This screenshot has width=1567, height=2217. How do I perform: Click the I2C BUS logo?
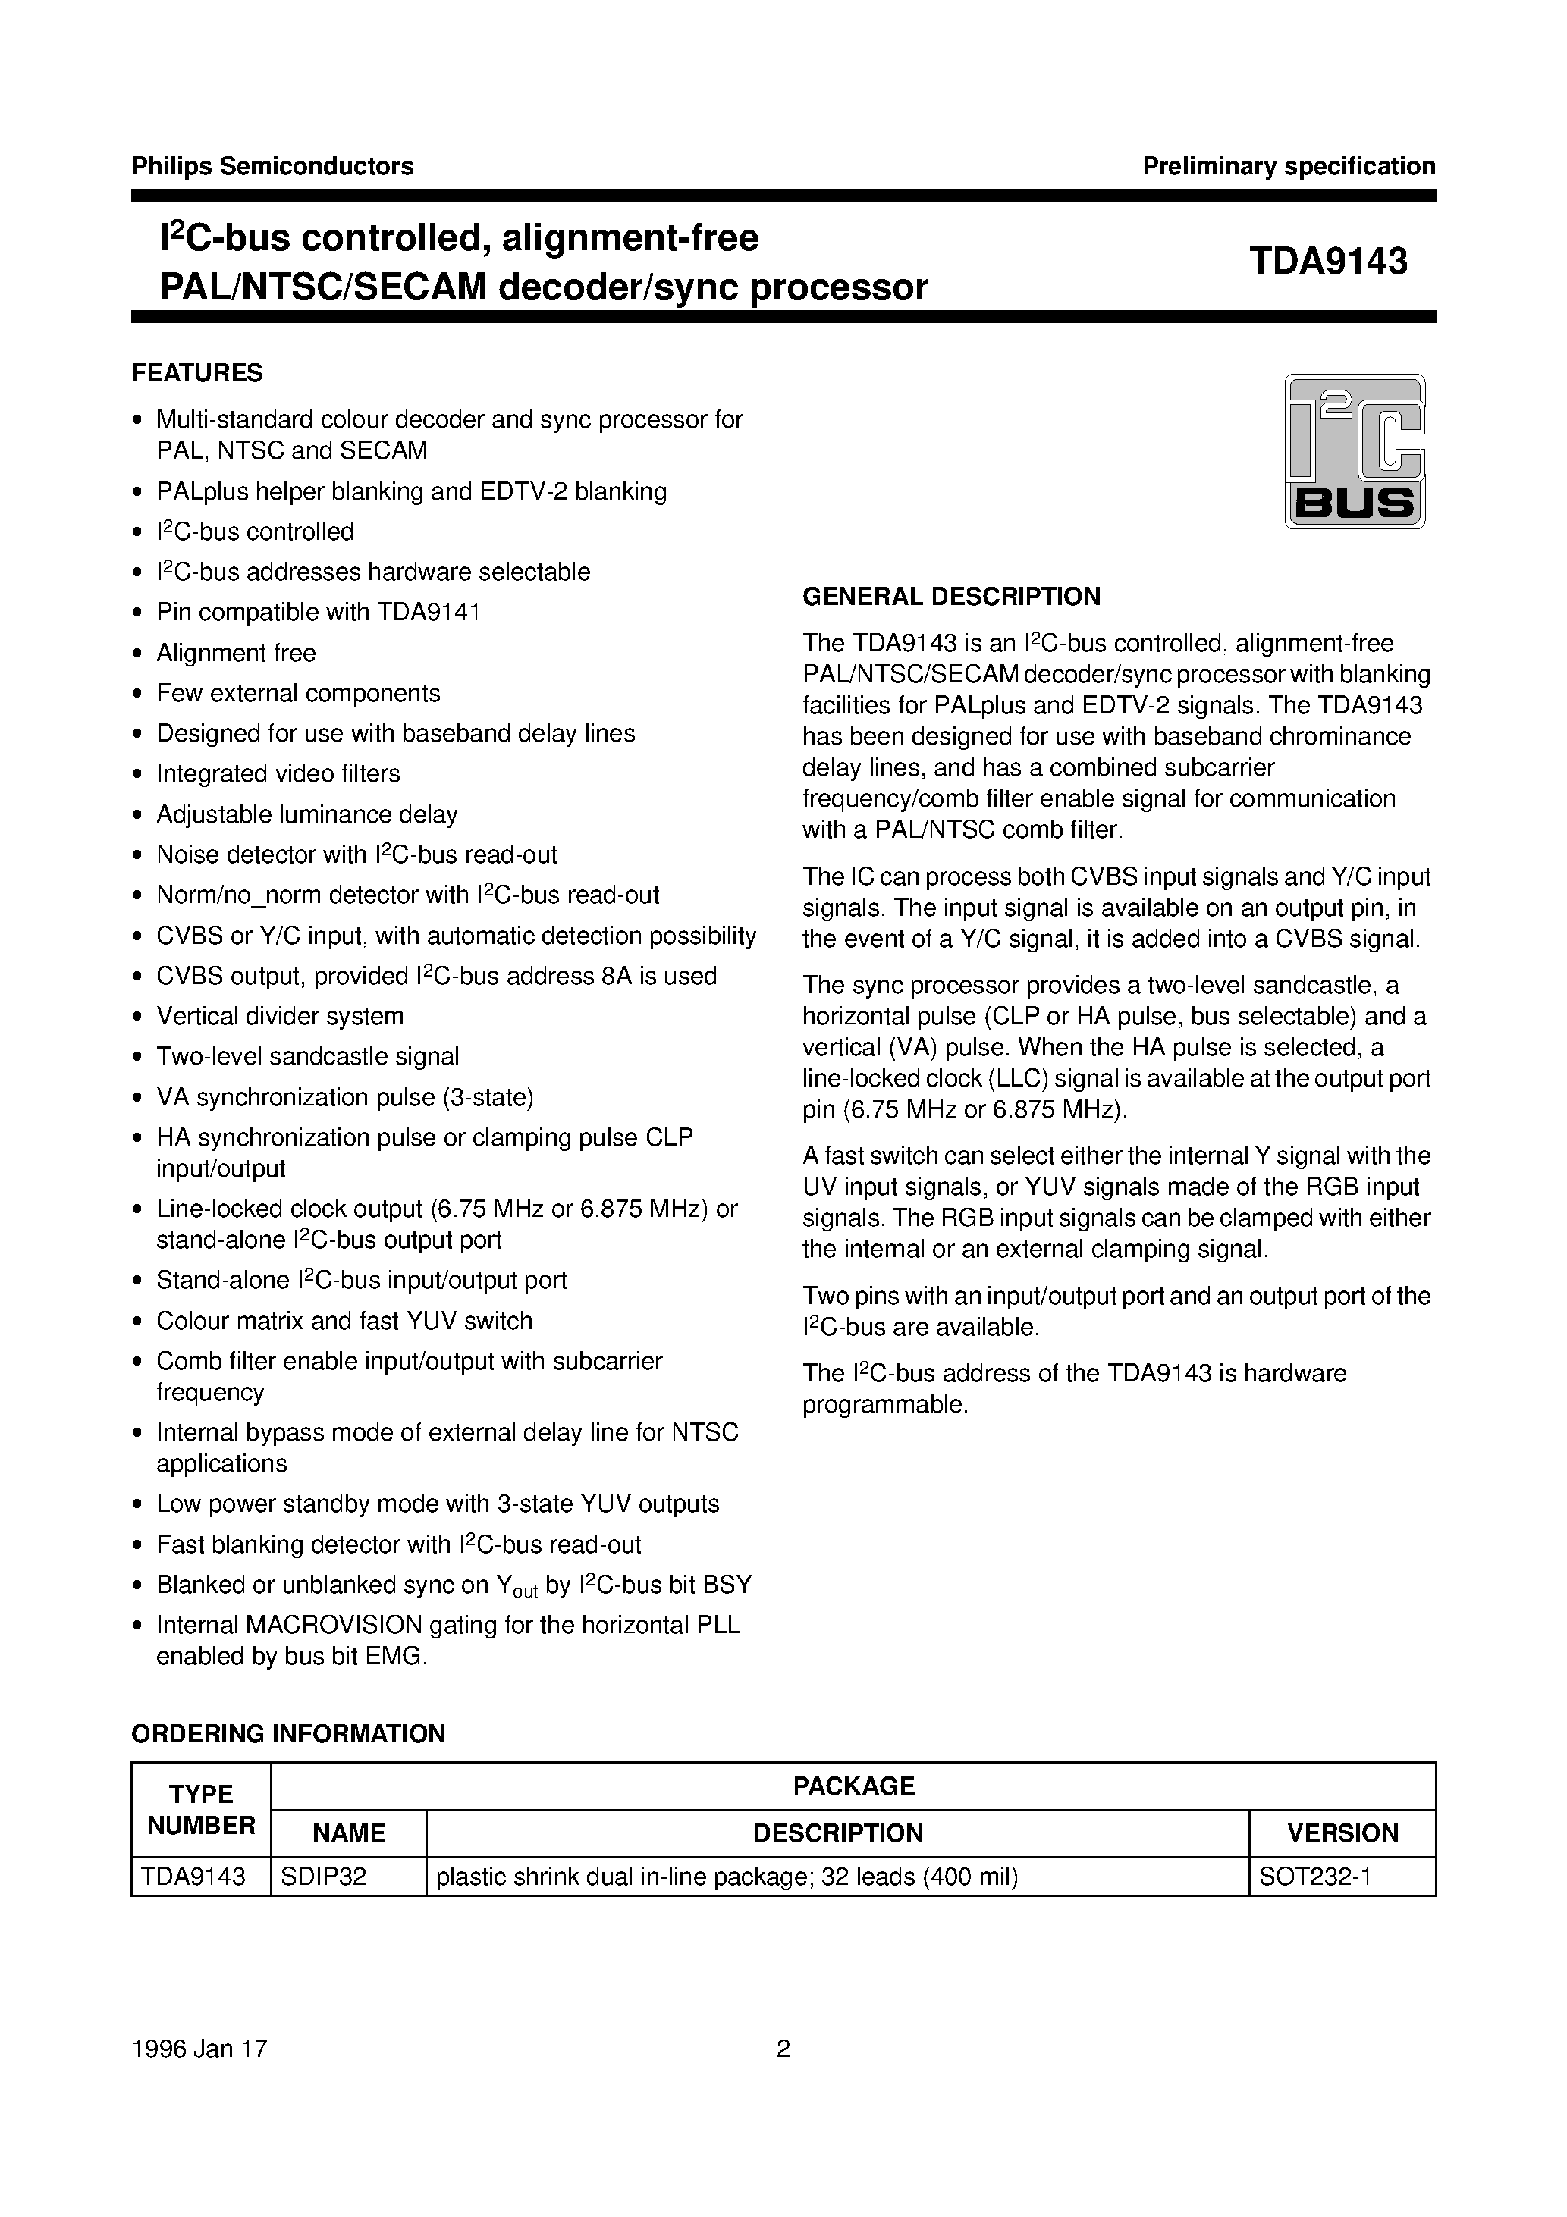point(1355,451)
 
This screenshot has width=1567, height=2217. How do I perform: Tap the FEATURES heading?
point(197,373)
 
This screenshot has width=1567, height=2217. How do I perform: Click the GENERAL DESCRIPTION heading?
point(952,597)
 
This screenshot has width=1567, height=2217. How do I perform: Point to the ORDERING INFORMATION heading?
point(288,1734)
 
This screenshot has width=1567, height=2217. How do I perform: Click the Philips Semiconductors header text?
point(272,166)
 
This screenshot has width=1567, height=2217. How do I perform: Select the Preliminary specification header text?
point(1289,166)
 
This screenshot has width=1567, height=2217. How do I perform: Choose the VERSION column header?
point(1342,1833)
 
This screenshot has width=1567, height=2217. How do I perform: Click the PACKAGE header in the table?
point(853,1786)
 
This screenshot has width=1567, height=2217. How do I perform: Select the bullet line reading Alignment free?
point(236,653)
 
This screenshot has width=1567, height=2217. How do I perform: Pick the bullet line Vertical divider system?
point(280,1016)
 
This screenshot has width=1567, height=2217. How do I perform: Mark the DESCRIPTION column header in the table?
point(837,1833)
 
